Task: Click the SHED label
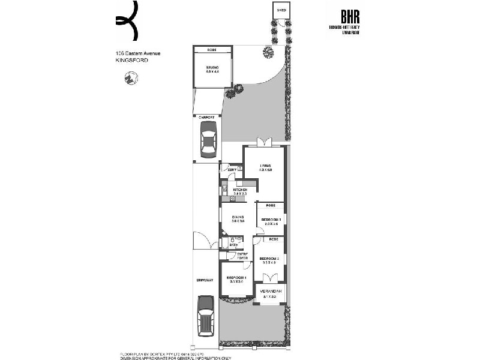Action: (280, 10)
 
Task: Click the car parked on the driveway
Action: (206, 315)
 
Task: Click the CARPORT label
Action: (206, 117)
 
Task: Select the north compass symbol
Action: (129, 78)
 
